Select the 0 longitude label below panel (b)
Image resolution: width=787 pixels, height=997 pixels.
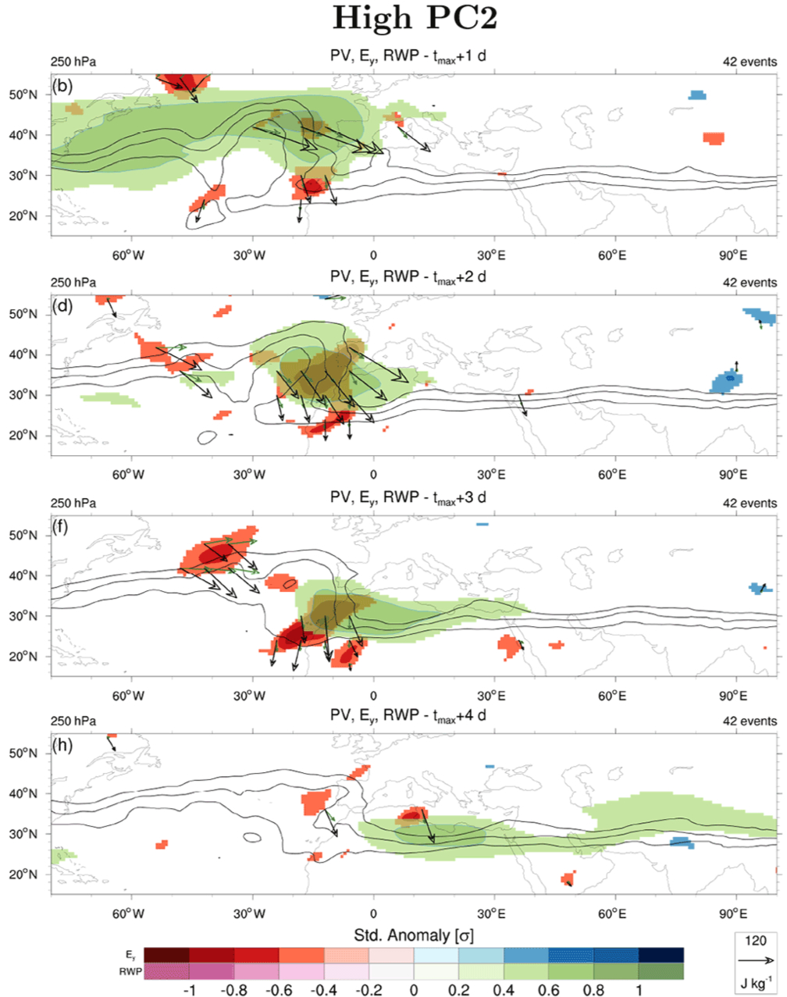coord(372,255)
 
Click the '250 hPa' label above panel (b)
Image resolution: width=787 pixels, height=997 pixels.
coord(73,62)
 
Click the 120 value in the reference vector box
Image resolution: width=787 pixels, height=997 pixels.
coord(756,941)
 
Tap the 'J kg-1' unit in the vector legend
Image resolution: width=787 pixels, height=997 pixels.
coord(756,981)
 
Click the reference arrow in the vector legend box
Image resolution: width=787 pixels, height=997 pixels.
coord(756,960)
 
